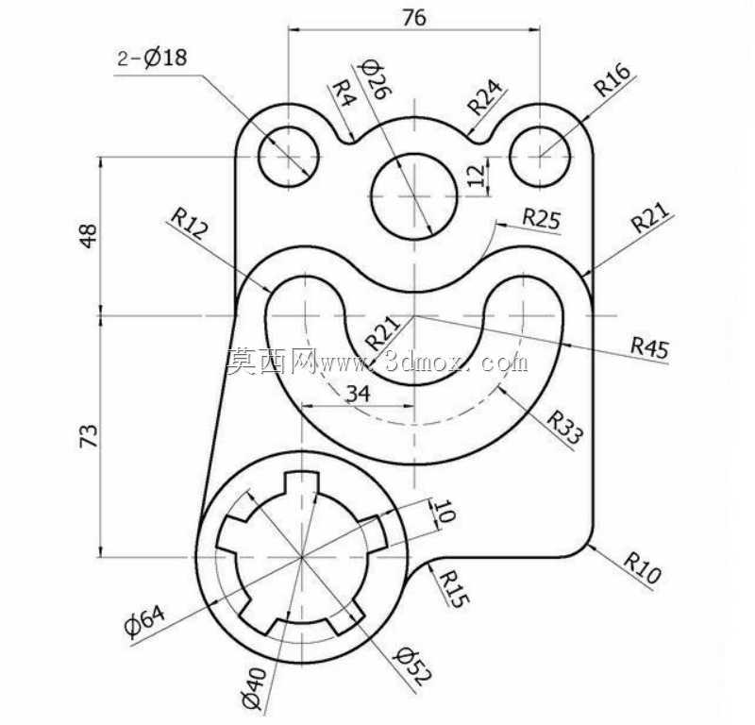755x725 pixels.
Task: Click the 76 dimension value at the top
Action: click(x=414, y=18)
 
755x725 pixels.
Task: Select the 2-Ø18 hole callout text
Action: click(x=152, y=58)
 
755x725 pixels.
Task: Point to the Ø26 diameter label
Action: click(x=377, y=79)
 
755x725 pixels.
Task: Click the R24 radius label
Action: click(x=484, y=97)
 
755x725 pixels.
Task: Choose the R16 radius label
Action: click(x=612, y=79)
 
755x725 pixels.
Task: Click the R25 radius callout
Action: click(x=542, y=218)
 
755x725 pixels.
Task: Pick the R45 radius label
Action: click(x=650, y=347)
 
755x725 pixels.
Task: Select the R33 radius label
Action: click(x=565, y=427)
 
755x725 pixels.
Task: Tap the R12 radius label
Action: click(x=190, y=224)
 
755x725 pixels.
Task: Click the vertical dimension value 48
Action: click(x=89, y=236)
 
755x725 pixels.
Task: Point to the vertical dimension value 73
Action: click(x=89, y=436)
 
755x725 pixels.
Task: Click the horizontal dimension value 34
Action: click(x=359, y=394)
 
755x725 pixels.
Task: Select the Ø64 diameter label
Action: click(x=145, y=621)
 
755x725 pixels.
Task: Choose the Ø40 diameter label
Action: click(x=254, y=688)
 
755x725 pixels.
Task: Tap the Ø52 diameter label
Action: click(x=412, y=666)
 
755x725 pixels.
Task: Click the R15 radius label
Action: click(x=454, y=589)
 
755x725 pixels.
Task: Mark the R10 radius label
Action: click(x=643, y=567)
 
